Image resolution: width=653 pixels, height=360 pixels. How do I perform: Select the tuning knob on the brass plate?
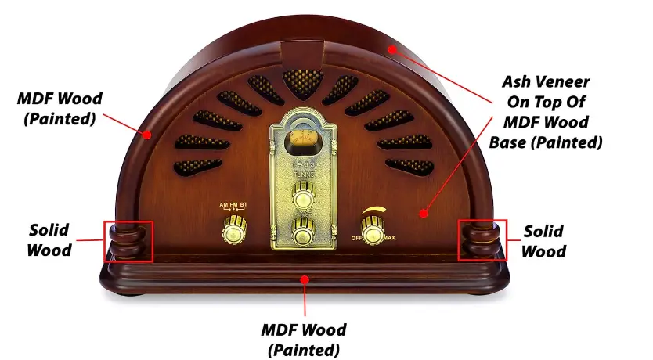click(x=303, y=195)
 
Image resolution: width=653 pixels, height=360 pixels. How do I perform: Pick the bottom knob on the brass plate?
click(x=303, y=232)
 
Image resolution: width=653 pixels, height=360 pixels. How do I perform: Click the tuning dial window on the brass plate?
click(x=303, y=140)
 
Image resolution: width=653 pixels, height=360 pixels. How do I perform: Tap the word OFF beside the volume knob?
click(x=356, y=238)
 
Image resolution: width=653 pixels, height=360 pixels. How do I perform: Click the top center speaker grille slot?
click(x=303, y=83)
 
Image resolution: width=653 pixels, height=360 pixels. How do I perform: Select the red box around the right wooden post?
click(x=482, y=239)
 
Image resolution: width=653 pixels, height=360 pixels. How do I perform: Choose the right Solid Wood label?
click(x=543, y=241)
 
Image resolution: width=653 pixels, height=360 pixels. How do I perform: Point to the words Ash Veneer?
click(x=546, y=81)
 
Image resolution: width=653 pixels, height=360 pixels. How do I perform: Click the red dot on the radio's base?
click(x=305, y=278)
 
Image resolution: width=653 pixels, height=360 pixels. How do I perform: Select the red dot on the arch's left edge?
click(x=146, y=134)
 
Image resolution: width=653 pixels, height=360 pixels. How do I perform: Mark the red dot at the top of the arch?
click(x=391, y=49)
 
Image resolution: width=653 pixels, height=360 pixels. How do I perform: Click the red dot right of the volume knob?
click(x=424, y=213)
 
